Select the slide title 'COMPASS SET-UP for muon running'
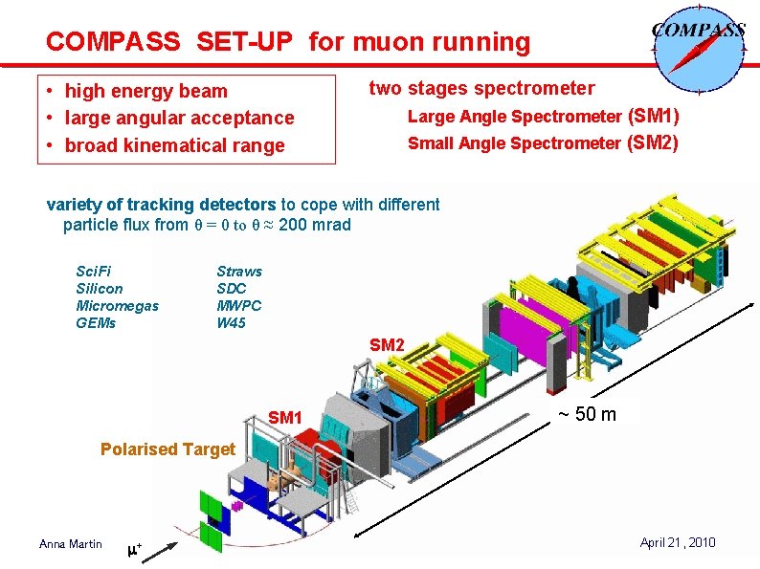tap(287, 42)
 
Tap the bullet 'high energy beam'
tap(145, 91)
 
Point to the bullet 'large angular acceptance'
tap(179, 118)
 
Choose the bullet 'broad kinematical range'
tap(174, 145)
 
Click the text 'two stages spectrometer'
tap(481, 88)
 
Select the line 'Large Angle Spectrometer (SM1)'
tap(543, 117)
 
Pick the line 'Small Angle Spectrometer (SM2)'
tap(543, 143)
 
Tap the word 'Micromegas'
tap(117, 305)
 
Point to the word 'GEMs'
tap(96, 322)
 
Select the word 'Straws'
tap(238, 271)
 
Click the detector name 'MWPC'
tap(238, 305)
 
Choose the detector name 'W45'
tap(231, 322)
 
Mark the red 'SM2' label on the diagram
tap(387, 344)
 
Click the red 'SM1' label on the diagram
tap(285, 418)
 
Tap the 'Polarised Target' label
tap(168, 449)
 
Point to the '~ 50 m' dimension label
tap(587, 414)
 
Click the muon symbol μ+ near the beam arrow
tap(134, 549)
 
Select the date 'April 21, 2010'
tap(677, 542)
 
